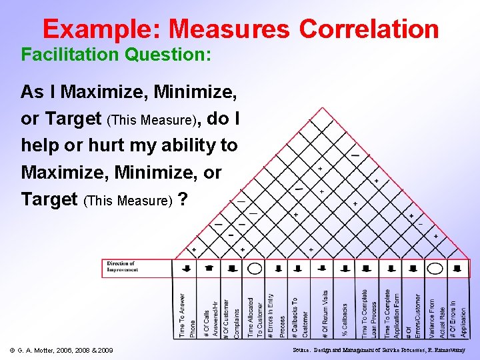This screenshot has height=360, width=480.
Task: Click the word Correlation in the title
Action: [x=369, y=29]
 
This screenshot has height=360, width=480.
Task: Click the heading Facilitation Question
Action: [x=117, y=54]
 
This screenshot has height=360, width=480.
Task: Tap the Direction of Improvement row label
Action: [x=123, y=267]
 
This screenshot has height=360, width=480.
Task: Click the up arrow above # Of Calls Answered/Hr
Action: [x=209, y=268]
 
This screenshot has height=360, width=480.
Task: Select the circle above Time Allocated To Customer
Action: [x=254, y=269]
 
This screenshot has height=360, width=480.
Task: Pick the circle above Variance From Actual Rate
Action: [x=435, y=269]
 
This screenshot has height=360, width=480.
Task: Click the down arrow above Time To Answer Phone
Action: [x=186, y=268]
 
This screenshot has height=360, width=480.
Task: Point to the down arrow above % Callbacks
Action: [x=345, y=268]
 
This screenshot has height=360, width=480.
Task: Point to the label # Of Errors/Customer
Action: [x=413, y=315]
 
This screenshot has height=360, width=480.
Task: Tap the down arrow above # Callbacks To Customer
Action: [x=299, y=268]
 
